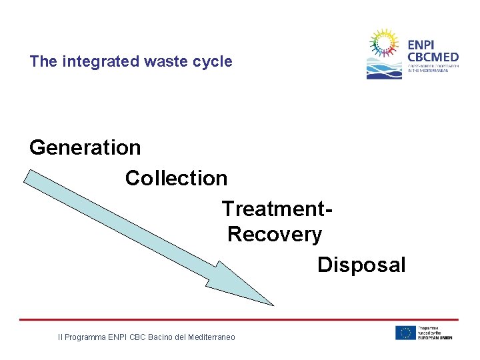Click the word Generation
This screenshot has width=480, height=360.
click(85, 147)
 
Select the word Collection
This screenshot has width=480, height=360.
click(176, 178)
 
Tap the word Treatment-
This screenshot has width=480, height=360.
click(277, 209)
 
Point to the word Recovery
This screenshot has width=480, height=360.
click(275, 235)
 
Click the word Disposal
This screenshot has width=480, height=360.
click(361, 265)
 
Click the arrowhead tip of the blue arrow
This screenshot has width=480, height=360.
click(272, 305)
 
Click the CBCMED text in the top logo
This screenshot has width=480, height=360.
click(433, 57)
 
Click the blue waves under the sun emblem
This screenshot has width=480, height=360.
click(384, 70)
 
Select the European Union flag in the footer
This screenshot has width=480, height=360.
click(405, 333)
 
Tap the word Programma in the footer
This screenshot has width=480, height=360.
click(85, 338)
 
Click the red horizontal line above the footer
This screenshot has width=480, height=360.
click(240, 319)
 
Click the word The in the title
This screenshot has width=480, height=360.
click(43, 62)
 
